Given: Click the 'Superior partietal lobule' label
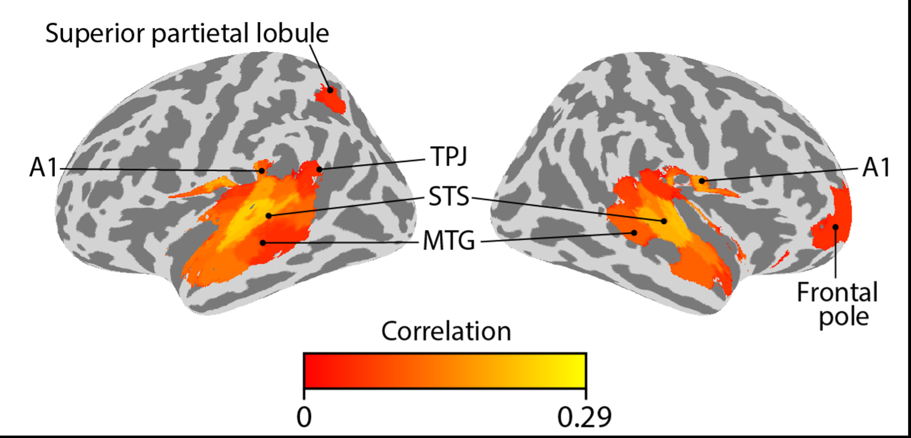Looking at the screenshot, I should pos(187,33).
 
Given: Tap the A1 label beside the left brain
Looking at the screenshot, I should pos(43,167).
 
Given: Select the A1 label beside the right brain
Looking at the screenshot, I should pos(876,167).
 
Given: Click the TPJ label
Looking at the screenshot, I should pos(449,157).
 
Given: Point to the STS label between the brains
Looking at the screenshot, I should pos(449,197).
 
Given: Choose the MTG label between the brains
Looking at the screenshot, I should pos(449,241).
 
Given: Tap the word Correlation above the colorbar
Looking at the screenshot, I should pos(446,331).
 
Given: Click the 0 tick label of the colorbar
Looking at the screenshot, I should pos(304,417).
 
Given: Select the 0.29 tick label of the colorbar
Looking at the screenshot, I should pos(584,417).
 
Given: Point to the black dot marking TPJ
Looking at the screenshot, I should pos(319,170).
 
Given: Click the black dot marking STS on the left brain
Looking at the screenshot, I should pos(268,216).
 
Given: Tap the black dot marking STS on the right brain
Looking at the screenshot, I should pos(664,221).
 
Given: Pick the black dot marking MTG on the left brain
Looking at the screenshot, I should pos(263,243).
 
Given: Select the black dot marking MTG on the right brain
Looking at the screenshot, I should pos(635,233).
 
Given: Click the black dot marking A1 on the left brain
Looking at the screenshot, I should pos(262,171).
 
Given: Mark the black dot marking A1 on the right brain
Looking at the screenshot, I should pos(701,181).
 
